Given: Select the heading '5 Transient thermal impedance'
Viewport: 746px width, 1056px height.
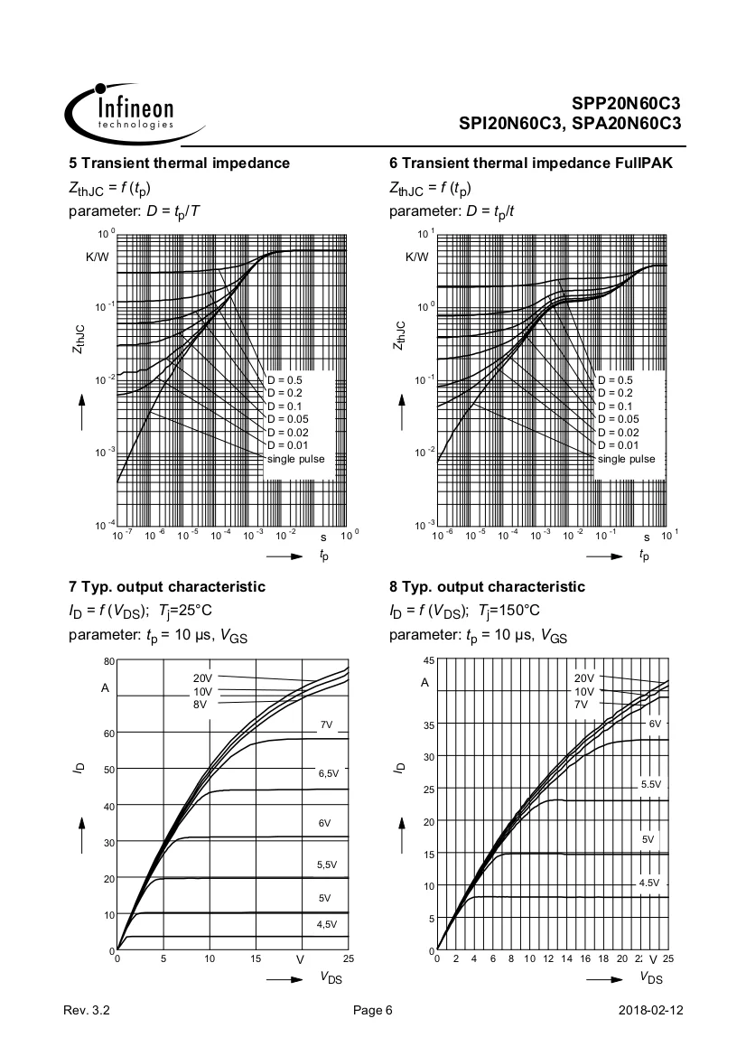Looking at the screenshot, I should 180,163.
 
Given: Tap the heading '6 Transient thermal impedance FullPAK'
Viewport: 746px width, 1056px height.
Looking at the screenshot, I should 530,163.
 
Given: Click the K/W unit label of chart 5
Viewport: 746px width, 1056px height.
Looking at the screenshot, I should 98,257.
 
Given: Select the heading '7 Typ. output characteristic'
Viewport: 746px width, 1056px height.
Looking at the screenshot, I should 167,586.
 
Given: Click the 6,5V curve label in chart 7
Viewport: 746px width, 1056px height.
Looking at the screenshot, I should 328,774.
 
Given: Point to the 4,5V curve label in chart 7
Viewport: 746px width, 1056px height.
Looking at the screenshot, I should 326,924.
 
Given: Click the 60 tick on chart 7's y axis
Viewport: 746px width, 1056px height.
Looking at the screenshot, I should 107,733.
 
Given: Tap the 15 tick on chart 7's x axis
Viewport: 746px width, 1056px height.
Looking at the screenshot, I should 256,959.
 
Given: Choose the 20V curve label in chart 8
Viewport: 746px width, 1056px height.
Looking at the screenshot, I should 584,678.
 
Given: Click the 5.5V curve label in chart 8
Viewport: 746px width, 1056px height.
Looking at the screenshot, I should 651,784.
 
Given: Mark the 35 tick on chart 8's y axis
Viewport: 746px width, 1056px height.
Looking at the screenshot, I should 429,724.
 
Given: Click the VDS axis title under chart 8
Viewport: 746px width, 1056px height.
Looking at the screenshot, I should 651,977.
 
